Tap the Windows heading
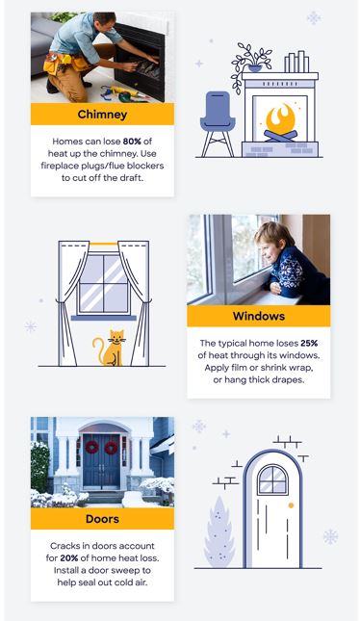point(258,317)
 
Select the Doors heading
point(101,519)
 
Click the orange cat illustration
point(114,349)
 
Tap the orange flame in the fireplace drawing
point(280,120)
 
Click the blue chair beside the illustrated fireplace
point(216,122)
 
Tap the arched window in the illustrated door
point(272,479)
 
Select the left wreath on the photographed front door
point(92,449)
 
